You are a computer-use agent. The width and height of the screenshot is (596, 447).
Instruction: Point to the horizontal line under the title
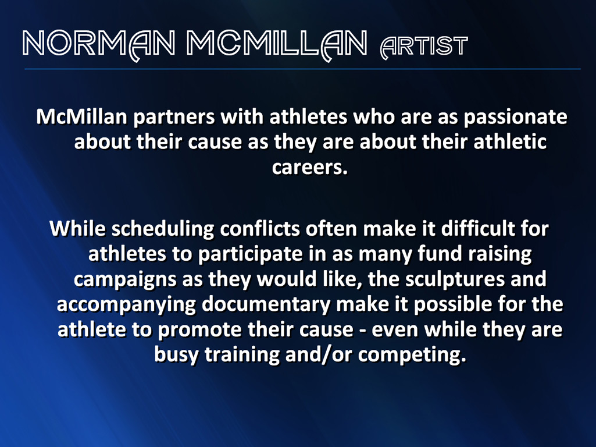point(302,69)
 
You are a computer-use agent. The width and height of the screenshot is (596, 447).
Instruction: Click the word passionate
point(515,118)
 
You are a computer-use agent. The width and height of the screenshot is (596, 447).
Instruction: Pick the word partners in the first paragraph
point(174,118)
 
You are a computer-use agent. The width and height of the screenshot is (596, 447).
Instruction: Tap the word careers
point(310,168)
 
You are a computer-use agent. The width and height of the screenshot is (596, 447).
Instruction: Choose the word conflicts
point(260,229)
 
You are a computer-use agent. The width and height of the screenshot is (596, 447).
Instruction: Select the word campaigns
point(125,280)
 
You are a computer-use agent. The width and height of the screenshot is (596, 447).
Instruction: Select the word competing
point(412,355)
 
